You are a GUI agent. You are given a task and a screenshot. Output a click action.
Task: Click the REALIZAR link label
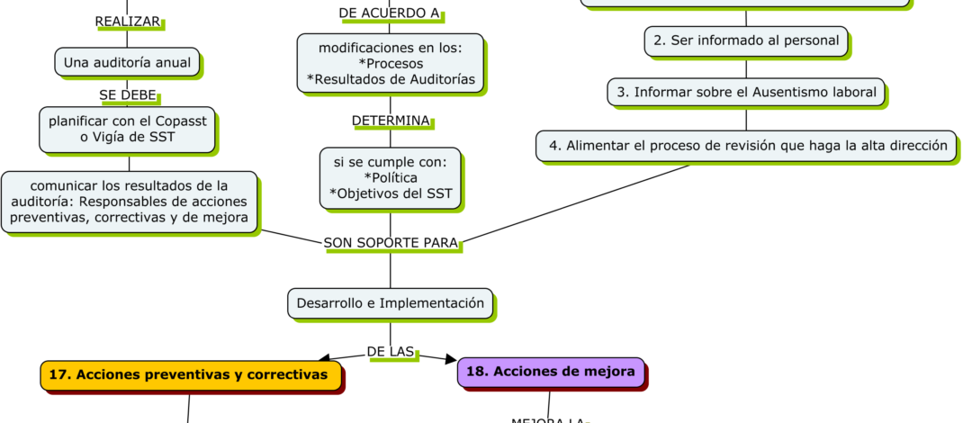pyautogui.click(x=128, y=21)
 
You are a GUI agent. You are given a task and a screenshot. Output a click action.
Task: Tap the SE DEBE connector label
pyautogui.click(x=128, y=94)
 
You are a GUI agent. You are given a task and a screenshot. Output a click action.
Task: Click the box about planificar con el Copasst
pyautogui.click(x=127, y=129)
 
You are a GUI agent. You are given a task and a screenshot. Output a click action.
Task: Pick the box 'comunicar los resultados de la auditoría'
pyautogui.click(x=129, y=202)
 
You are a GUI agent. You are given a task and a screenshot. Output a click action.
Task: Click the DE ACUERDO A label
pyautogui.click(x=390, y=13)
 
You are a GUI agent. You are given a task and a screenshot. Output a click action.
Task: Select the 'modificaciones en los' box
pyautogui.click(x=390, y=63)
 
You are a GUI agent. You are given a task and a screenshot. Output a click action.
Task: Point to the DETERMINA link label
pyautogui.click(x=391, y=121)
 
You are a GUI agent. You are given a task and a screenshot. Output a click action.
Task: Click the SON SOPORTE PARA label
pyautogui.click(x=391, y=243)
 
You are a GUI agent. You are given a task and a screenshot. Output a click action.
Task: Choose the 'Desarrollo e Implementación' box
pyautogui.click(x=391, y=303)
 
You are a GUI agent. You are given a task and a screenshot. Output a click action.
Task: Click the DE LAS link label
pyautogui.click(x=391, y=351)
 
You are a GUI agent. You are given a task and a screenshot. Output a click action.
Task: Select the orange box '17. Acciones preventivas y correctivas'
pyautogui.click(x=190, y=375)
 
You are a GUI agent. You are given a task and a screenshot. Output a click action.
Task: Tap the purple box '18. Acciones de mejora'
pyautogui.click(x=550, y=371)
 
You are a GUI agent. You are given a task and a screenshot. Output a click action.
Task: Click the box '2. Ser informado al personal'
pyautogui.click(x=746, y=40)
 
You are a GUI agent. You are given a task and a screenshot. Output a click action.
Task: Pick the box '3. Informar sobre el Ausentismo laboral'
pyautogui.click(x=746, y=92)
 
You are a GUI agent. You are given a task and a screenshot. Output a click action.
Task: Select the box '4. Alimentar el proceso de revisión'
pyautogui.click(x=746, y=145)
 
